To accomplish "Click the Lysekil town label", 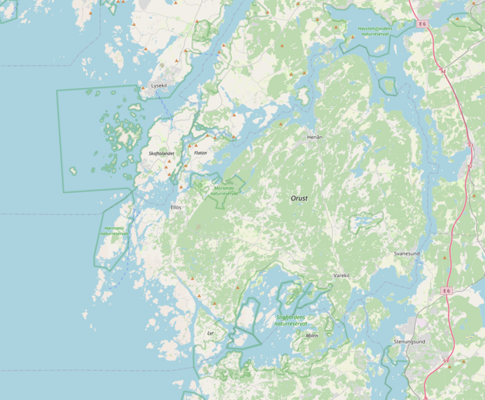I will click(x=159, y=86).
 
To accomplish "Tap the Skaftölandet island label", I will click(x=161, y=154).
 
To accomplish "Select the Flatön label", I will click(x=200, y=153).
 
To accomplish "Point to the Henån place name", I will click(x=314, y=137).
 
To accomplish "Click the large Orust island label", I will click(x=299, y=198).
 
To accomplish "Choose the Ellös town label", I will click(x=175, y=207).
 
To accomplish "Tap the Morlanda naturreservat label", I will click(x=224, y=190).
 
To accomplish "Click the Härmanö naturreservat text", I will click(x=115, y=231).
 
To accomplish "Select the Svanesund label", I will click(x=406, y=254).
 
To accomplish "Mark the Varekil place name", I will click(x=342, y=275).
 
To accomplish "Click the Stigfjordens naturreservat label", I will click(x=290, y=320).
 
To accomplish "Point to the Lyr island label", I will click(x=211, y=333).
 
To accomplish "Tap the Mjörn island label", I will click(x=312, y=335).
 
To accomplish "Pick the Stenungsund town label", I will click(x=409, y=341).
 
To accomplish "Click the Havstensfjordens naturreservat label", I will click(x=375, y=31).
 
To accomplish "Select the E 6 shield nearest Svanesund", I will click(x=446, y=290).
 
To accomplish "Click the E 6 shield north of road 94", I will click(x=422, y=24).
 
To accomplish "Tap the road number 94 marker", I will click(x=443, y=70).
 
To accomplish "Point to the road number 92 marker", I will click(x=470, y=166).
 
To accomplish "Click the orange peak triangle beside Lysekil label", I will click(x=142, y=87).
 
